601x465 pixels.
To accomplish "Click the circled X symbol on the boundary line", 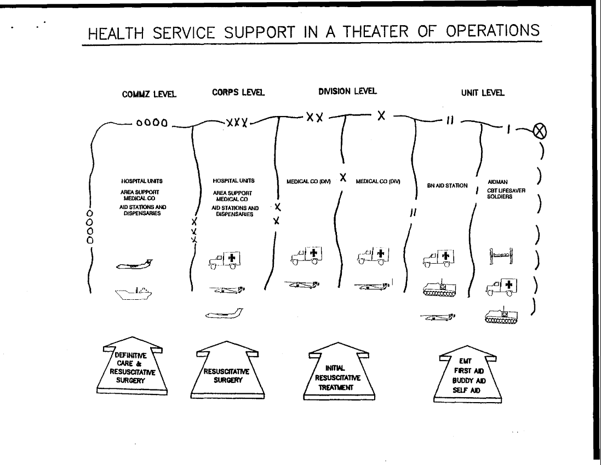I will [x=541, y=131].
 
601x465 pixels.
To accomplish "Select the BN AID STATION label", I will [x=447, y=186].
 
